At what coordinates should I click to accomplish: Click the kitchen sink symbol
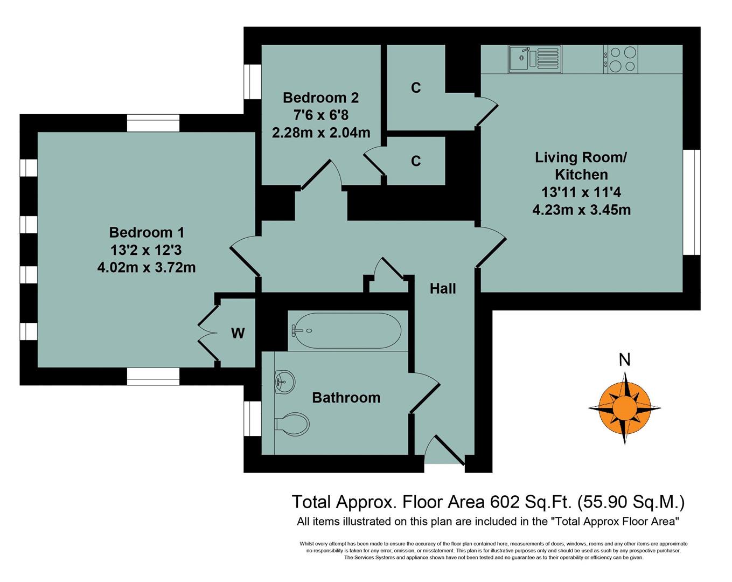(534, 59)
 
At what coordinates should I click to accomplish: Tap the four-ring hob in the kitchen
(622, 59)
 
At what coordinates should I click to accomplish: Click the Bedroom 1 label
(147, 232)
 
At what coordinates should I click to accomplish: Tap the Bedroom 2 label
(320, 98)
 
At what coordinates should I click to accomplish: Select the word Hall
(443, 289)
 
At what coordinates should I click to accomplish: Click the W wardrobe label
(238, 334)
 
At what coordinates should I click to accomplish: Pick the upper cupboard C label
(415, 87)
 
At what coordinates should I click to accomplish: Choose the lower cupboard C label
(415, 161)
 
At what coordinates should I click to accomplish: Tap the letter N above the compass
(624, 359)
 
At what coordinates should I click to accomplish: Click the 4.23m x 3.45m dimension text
(581, 210)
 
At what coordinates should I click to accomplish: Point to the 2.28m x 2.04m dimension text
(321, 133)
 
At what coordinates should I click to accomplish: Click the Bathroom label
(346, 398)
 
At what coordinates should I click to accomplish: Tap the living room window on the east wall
(692, 202)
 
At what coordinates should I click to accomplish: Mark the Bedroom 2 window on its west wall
(252, 82)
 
